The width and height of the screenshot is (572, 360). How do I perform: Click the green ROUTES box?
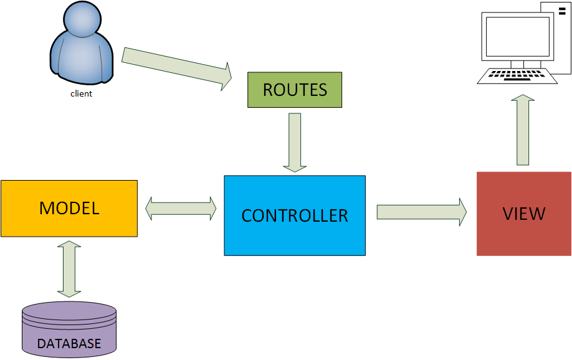point(295,90)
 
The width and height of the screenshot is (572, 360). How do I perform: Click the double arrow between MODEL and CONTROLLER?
point(181,209)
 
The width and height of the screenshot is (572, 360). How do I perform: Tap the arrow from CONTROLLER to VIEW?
point(421,212)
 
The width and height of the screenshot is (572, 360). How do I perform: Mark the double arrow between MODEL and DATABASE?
point(69,268)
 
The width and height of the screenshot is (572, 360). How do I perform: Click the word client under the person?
point(81,94)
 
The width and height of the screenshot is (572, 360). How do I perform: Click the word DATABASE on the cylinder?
point(69,343)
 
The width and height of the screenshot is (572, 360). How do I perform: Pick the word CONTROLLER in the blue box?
point(295,216)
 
